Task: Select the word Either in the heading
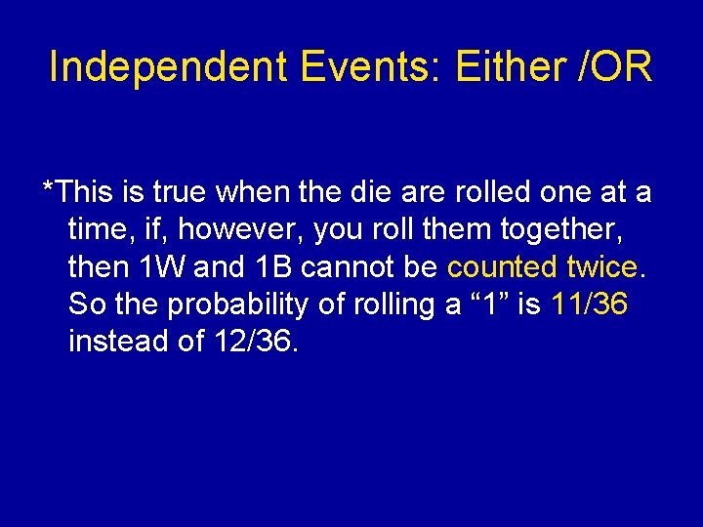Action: click(x=512, y=67)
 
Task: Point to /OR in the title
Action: click(x=615, y=67)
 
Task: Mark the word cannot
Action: click(x=343, y=267)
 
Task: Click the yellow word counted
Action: click(x=502, y=267)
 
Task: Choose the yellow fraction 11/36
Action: click(x=590, y=304)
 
